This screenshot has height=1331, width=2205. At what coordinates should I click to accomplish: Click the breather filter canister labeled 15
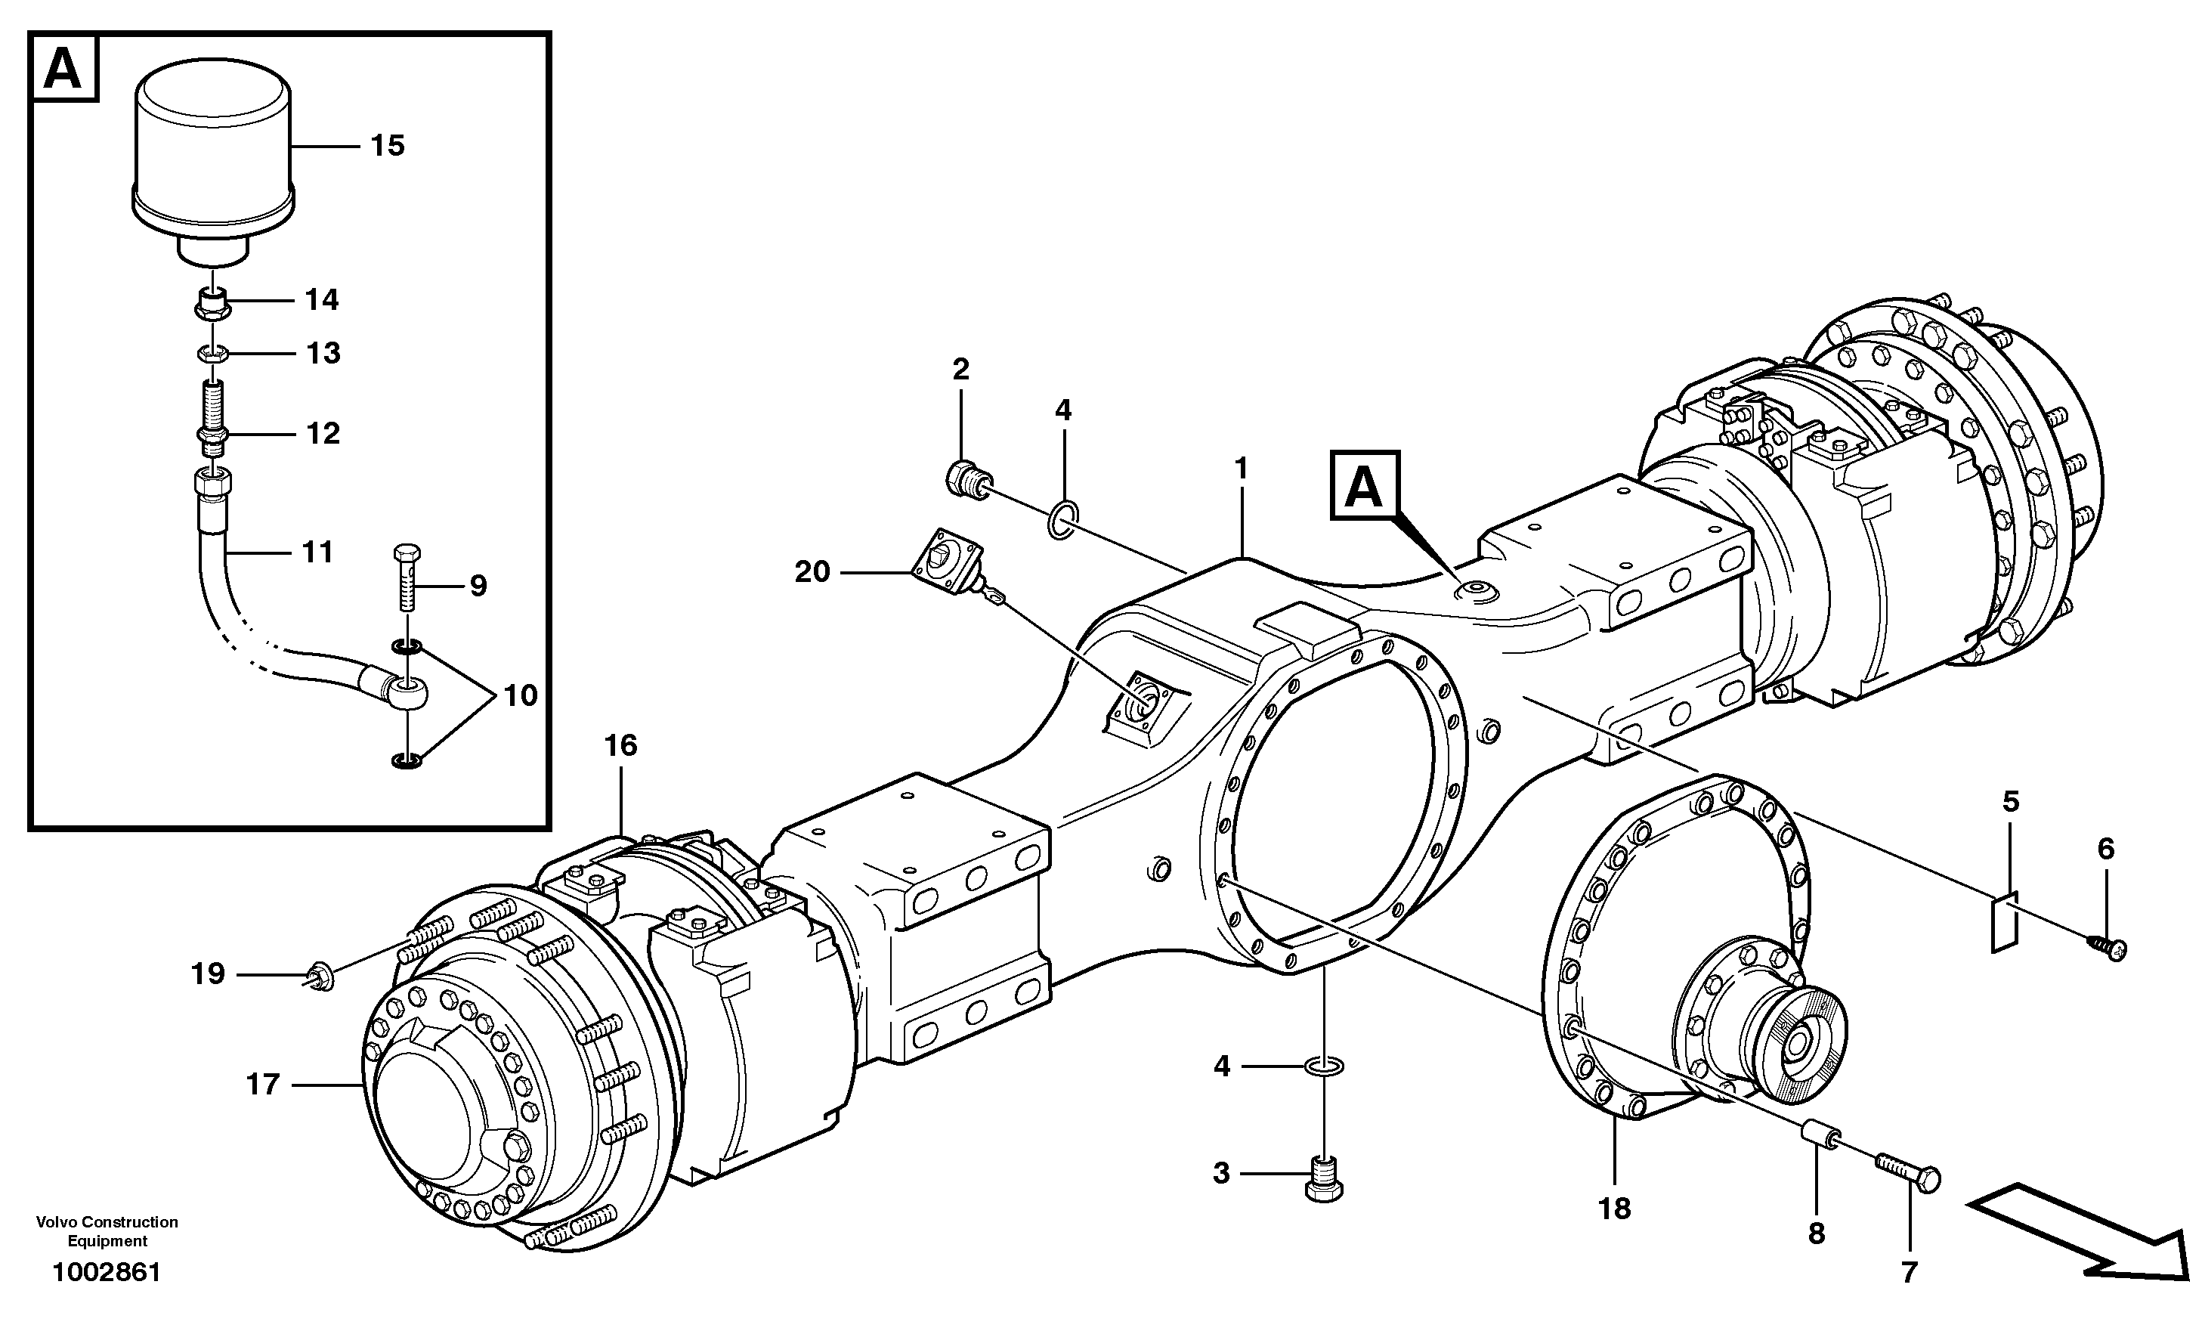pyautogui.click(x=213, y=152)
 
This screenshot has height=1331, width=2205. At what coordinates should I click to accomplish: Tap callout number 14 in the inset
pyautogui.click(x=321, y=300)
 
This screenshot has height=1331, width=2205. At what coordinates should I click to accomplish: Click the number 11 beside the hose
pyautogui.click(x=317, y=553)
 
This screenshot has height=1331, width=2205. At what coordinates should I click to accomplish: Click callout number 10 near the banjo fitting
pyautogui.click(x=520, y=695)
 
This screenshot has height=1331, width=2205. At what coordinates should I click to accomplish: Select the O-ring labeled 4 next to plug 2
pyautogui.click(x=1062, y=520)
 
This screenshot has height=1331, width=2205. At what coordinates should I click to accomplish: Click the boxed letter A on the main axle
pyautogui.click(x=1365, y=486)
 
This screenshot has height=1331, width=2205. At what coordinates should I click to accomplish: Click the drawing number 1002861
pyautogui.click(x=107, y=1273)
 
